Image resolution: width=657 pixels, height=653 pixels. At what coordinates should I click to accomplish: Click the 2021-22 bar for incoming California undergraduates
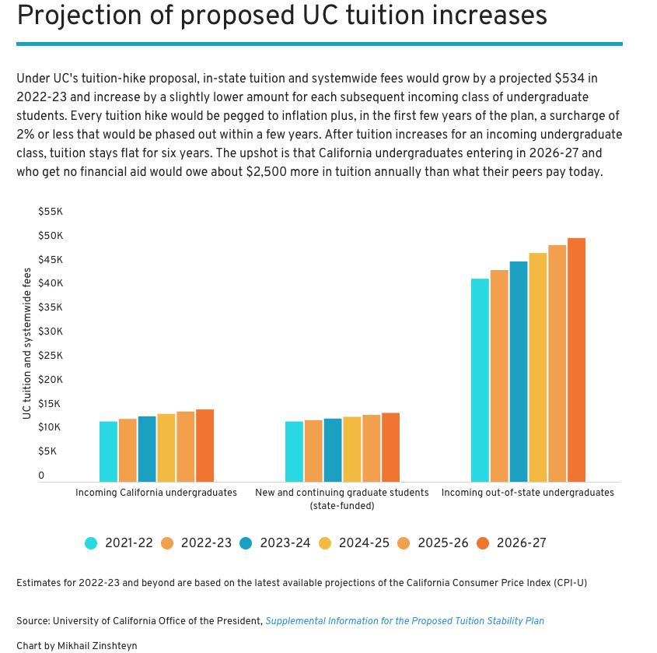point(108,451)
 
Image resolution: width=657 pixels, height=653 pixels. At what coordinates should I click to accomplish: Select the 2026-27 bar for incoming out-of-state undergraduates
point(576,360)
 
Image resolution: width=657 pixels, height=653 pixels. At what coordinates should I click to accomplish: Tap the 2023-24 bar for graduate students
point(333,450)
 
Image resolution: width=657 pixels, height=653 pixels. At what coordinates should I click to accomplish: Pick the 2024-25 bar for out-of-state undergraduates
point(538,367)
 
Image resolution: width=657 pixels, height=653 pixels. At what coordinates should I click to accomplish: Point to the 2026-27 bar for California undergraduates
point(204,445)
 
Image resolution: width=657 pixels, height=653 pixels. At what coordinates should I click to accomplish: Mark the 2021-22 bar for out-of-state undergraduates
point(480,380)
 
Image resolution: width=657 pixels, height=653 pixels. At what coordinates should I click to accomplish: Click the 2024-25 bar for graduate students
point(352,449)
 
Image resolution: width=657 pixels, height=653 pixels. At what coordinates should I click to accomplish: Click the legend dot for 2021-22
point(92,543)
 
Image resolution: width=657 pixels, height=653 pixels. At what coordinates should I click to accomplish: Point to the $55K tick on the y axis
point(51,212)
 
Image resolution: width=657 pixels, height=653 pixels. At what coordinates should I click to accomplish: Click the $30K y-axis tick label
point(51,332)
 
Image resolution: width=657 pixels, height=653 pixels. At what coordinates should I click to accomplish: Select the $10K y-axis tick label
point(51,427)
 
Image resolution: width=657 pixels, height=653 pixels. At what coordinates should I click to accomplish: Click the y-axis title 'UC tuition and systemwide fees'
point(27,343)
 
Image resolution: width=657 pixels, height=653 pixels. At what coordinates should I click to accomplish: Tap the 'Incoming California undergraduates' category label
point(156,493)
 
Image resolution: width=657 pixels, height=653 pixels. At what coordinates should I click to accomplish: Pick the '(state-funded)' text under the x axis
point(342,506)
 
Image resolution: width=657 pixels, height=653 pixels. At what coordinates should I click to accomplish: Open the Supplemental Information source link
point(404,621)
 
